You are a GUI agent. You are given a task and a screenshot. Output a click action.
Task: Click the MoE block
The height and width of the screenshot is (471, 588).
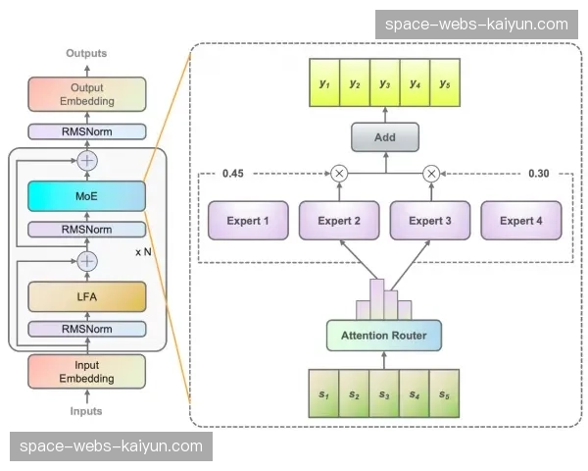(87, 194)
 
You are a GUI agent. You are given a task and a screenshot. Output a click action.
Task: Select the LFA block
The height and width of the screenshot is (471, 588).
(87, 296)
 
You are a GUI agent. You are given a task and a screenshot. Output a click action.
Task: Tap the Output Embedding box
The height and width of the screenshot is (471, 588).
(87, 94)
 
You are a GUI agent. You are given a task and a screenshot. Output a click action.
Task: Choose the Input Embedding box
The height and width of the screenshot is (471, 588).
(87, 371)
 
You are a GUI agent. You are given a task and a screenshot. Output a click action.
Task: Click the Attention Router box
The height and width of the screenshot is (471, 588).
(384, 336)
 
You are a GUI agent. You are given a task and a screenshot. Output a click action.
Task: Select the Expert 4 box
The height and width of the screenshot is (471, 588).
(521, 221)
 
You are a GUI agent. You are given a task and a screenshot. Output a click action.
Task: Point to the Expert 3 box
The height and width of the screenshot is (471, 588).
(431, 221)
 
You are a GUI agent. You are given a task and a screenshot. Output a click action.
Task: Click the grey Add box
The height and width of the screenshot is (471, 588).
(385, 137)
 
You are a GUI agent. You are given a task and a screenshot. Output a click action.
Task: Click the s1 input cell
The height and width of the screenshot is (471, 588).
(323, 393)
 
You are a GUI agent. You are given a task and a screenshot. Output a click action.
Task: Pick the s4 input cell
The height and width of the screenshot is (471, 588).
(416, 393)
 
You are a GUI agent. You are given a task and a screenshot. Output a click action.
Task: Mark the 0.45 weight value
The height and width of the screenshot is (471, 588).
(233, 173)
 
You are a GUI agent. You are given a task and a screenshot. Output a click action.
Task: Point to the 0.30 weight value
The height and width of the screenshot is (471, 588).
(539, 173)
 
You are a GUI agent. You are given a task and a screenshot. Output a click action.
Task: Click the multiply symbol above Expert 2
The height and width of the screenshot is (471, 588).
(339, 173)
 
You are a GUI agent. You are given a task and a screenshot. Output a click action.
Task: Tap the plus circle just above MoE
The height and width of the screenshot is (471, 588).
(88, 160)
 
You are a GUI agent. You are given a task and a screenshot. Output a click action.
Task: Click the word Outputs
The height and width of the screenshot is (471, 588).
(87, 53)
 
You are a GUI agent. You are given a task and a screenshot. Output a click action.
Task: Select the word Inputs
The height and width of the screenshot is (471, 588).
(87, 411)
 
